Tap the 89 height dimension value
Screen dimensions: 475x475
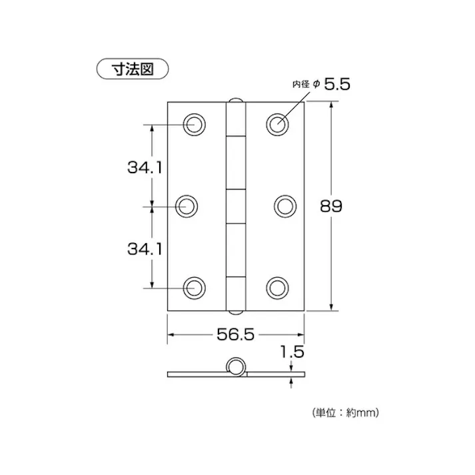pyautogui.click(x=331, y=207)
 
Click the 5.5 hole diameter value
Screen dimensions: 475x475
pyautogui.click(x=337, y=85)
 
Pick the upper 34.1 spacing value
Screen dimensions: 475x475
pyautogui.click(x=145, y=167)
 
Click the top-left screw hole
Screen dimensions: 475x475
pyautogui.click(x=195, y=124)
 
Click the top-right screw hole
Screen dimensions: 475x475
pyautogui.click(x=277, y=124)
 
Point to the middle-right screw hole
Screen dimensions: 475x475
pyautogui.click(x=284, y=205)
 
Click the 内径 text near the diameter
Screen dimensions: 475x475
pyautogui.click(x=302, y=85)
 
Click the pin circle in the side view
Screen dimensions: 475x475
pyautogui.click(x=235, y=367)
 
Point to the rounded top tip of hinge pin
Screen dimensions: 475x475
pyautogui.click(x=235, y=101)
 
